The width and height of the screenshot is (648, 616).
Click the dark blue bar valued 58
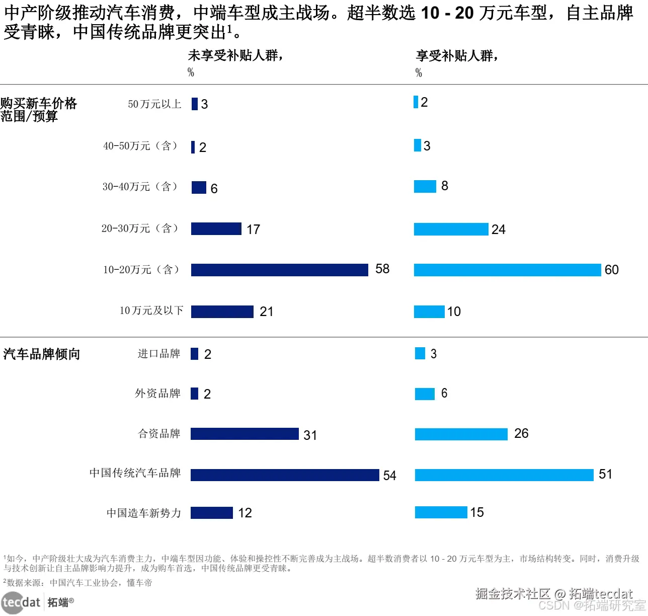pos(279,270)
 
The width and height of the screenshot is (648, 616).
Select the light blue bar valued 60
pos(507,270)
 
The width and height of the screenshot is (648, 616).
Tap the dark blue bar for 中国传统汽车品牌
pos(285,475)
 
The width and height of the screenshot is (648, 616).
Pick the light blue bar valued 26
pos(461,434)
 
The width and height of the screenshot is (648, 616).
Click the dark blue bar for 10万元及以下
pos(222,312)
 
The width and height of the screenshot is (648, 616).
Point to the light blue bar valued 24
pos(451,229)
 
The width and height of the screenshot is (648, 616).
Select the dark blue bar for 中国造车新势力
pos(211,513)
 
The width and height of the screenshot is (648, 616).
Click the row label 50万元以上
pos(154,104)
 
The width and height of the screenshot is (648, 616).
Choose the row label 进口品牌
pos(159,354)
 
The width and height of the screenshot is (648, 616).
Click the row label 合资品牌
pos(159,434)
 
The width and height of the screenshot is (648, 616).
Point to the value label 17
pos(253,229)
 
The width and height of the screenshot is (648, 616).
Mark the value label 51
pos(605,474)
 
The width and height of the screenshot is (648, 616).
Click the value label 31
pos(310,435)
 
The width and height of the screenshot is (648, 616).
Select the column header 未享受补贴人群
pos(235,55)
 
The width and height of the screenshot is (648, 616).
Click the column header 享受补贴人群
pos(457,55)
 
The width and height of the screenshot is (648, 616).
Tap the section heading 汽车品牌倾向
pos(42,354)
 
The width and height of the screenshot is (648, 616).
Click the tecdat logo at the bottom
pos(21,602)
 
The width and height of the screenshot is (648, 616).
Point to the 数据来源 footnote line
pos(77,583)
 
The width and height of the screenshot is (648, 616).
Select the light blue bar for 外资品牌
pos(425,394)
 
